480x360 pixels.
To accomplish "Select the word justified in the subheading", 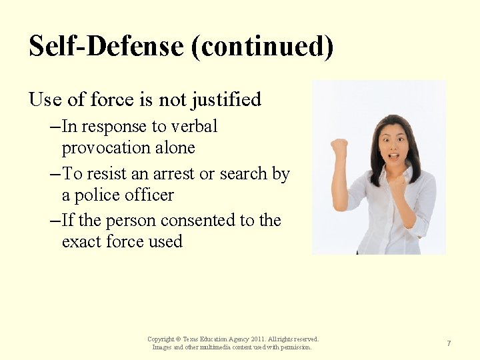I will [226, 100].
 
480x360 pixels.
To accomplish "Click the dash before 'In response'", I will [55, 127].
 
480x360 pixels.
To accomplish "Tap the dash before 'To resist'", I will [55, 174].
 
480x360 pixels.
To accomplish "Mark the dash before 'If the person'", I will [55, 221].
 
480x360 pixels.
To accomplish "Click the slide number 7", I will [449, 343].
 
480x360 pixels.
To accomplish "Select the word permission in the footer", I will [296, 347].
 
